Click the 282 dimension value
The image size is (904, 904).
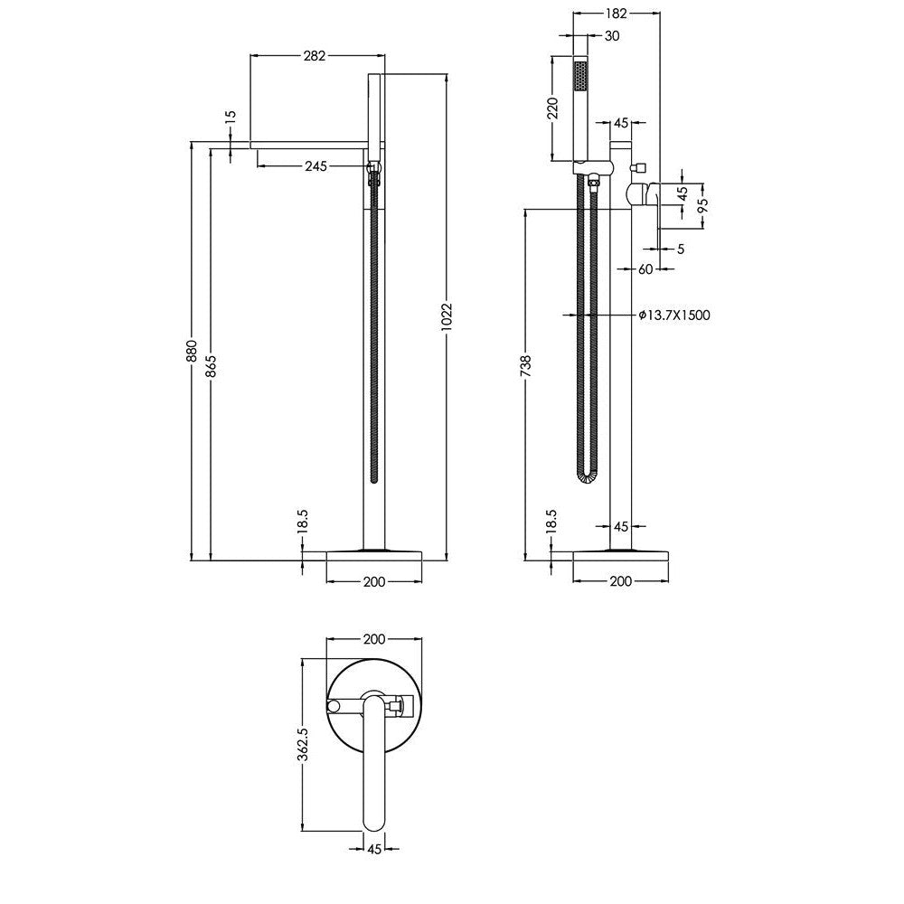[315, 55]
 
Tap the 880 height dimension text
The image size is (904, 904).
[192, 351]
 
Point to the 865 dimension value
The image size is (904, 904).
[211, 365]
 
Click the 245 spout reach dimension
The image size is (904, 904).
[315, 166]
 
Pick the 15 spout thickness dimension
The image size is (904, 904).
[231, 114]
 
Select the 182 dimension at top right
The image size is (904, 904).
[617, 14]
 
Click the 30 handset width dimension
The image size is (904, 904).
[612, 36]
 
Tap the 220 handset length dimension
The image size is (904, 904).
[553, 108]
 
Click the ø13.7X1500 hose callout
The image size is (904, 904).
[674, 315]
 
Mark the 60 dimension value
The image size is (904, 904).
[645, 268]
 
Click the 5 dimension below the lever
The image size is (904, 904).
[681, 250]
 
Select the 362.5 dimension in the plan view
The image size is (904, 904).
[303, 744]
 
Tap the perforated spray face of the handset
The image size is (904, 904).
[580, 77]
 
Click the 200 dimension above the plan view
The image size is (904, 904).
[374, 639]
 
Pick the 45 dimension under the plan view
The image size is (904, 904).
[375, 849]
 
